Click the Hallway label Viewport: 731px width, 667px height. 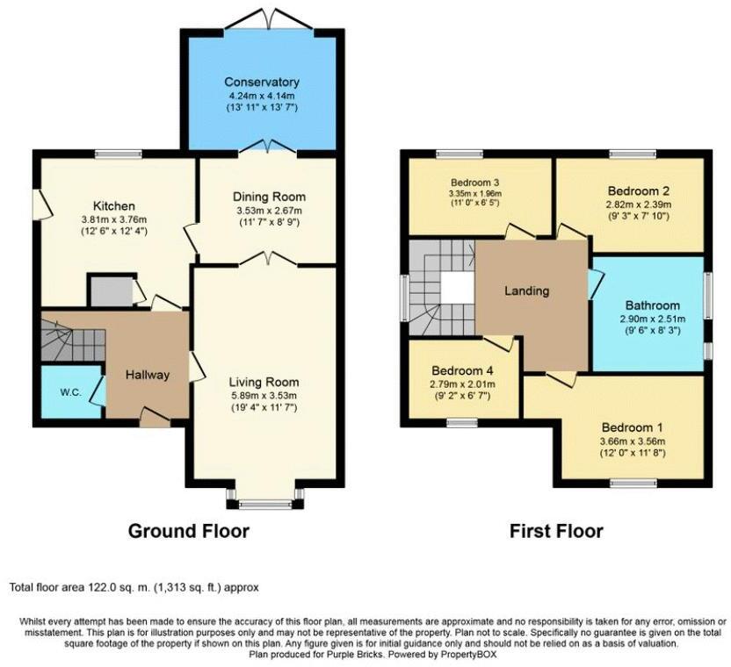point(146,375)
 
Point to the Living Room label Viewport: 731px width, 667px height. point(264,382)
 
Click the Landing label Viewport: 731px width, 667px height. point(526,290)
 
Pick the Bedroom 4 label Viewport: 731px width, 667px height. point(461,371)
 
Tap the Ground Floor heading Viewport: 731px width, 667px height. point(188,531)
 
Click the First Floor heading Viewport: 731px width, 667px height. point(556,531)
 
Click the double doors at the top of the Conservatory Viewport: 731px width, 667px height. point(261,17)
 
